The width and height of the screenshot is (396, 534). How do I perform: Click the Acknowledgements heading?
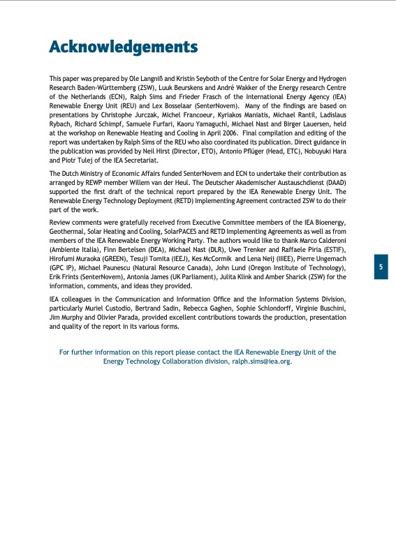tap(123, 47)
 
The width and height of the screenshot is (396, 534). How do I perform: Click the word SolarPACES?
tap(194, 231)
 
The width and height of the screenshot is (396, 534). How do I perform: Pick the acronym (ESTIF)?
tap(332, 249)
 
